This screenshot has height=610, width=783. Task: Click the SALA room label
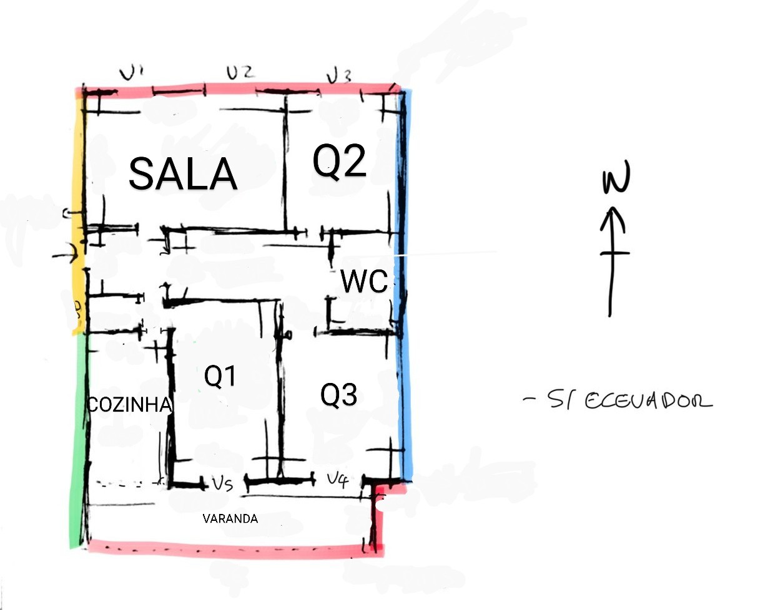click(182, 173)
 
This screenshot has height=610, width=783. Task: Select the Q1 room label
click(220, 376)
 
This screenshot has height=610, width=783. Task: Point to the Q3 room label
click(339, 395)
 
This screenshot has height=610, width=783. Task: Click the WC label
click(364, 282)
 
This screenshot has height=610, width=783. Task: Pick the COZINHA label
click(129, 405)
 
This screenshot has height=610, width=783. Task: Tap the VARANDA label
click(230, 518)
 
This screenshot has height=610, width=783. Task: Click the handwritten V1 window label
click(132, 74)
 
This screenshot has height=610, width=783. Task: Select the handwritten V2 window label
click(240, 73)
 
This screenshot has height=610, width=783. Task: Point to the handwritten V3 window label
click(339, 77)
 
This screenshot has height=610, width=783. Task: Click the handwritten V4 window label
click(338, 480)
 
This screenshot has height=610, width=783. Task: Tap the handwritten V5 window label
click(222, 484)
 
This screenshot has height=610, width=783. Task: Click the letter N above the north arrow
click(616, 179)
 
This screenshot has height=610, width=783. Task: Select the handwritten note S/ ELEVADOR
click(618, 400)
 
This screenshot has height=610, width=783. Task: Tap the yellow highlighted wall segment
click(78, 212)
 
